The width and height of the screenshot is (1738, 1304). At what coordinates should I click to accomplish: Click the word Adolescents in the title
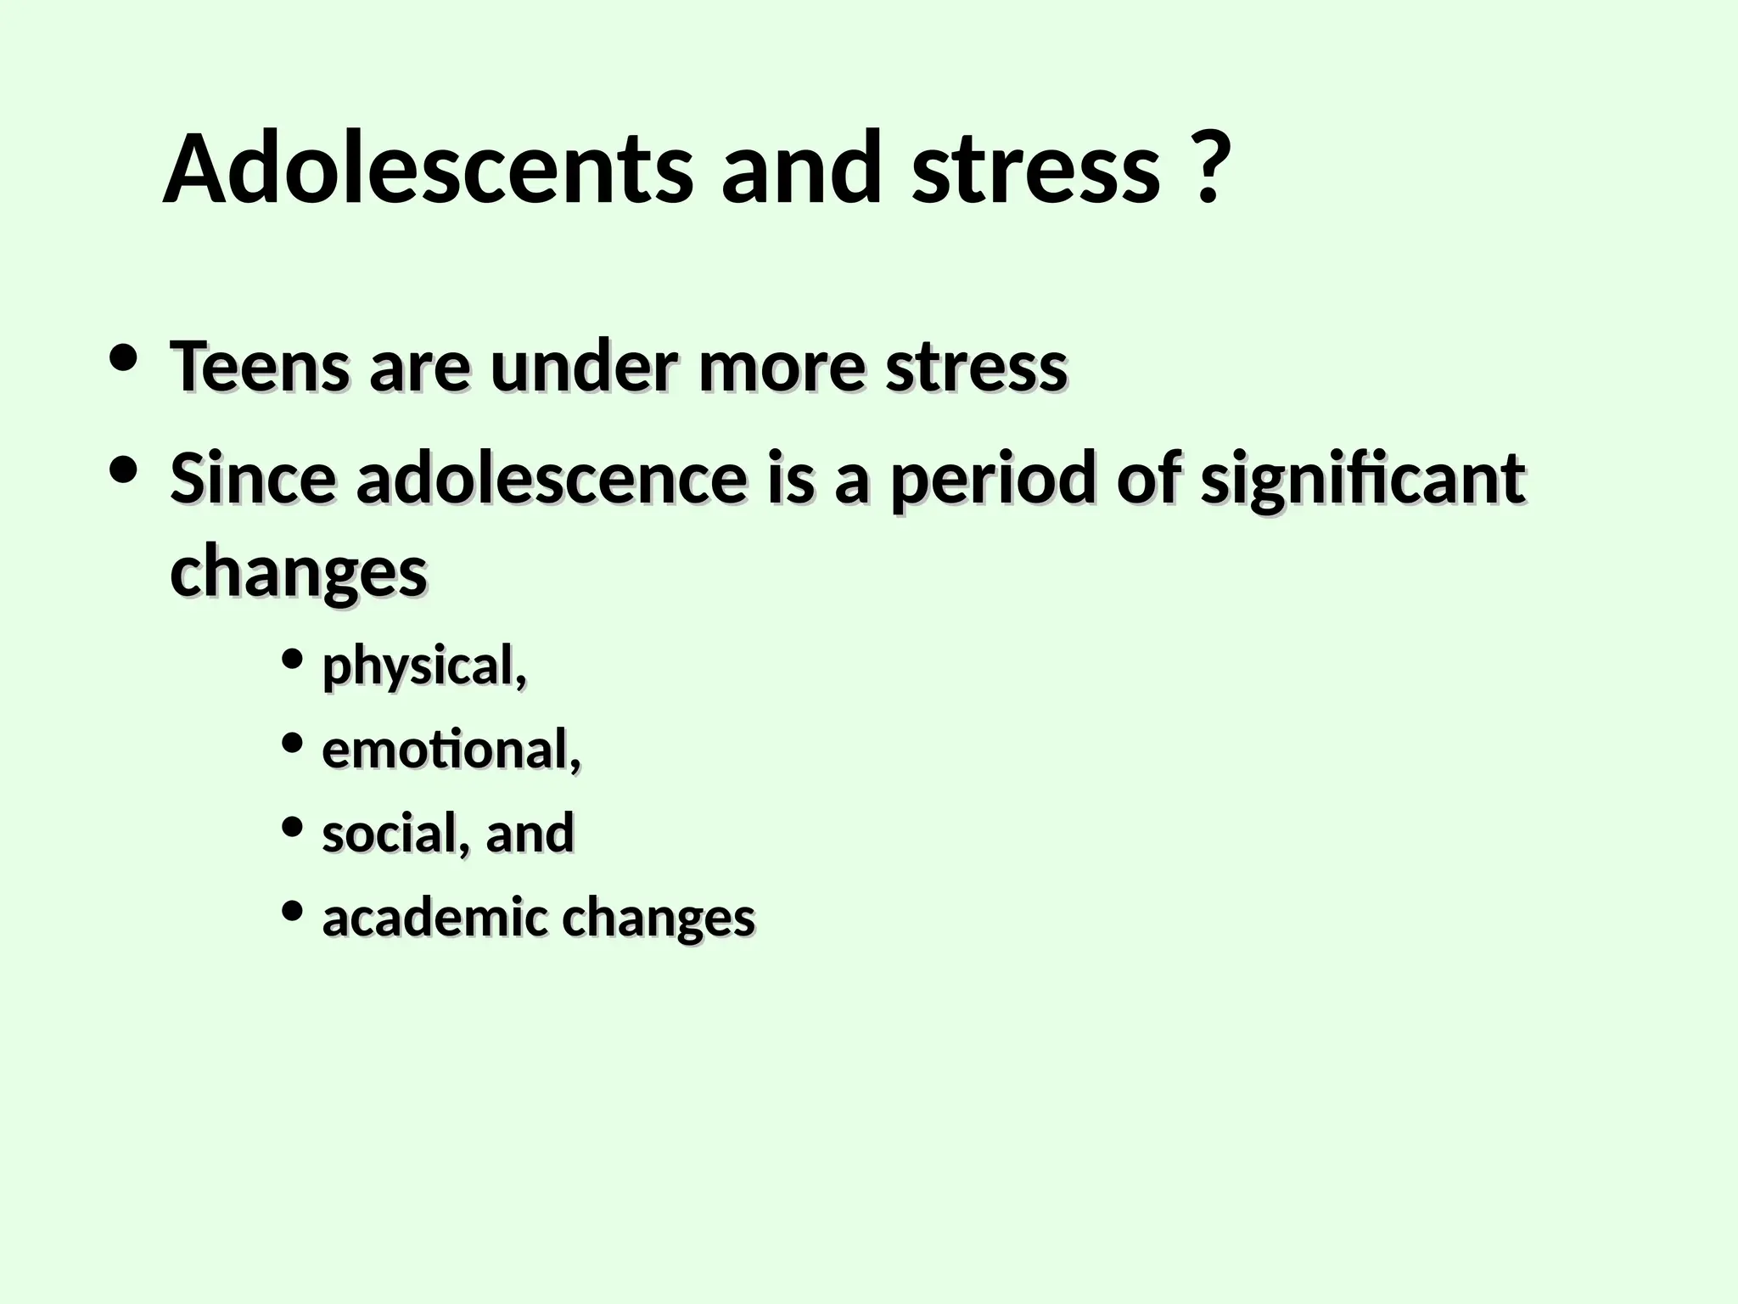pyautogui.click(x=427, y=170)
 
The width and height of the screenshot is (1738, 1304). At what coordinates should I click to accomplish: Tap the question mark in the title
pyautogui.click(x=1207, y=170)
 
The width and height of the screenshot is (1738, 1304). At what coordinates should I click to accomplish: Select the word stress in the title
pyautogui.click(x=1036, y=170)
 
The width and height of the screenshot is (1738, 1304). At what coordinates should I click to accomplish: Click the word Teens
pyautogui.click(x=259, y=367)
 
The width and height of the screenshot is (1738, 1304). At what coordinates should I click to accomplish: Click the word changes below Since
pyautogui.click(x=298, y=572)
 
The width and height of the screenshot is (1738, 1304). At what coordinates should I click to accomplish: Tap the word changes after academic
pyautogui.click(x=659, y=919)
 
